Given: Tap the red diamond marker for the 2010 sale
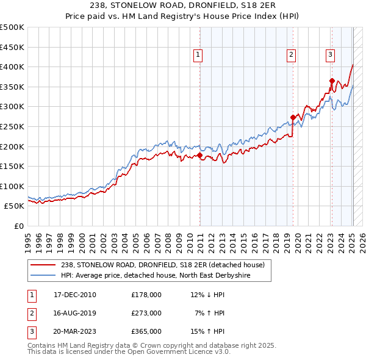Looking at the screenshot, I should pos(200,156).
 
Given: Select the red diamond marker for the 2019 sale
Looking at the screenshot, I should pos(293,118).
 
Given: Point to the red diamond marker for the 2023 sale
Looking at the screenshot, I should pos(332,81).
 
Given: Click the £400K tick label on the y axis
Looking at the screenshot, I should pos(12,67).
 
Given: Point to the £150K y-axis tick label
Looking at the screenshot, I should pos(12,166).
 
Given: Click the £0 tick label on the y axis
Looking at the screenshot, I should pos(20,226).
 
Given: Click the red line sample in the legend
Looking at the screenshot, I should pos(44,265).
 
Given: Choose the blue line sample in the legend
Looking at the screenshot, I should pos(44,276).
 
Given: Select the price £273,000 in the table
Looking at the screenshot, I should pos(146,313).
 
